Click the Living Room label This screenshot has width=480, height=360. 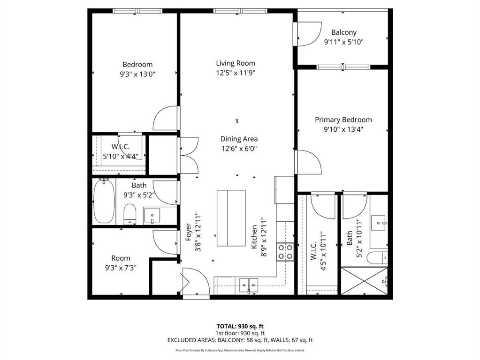coord(236,63)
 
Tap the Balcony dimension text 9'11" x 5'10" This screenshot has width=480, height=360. coord(344,42)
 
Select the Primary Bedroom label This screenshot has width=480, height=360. coord(343,120)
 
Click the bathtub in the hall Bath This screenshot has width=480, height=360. coord(104,201)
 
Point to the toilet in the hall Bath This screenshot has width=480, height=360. coord(130,214)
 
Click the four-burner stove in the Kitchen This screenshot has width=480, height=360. coord(285,252)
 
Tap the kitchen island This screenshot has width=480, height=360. coord(231,218)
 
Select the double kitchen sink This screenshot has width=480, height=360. coord(249,285)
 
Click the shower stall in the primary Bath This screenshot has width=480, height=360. coord(364,281)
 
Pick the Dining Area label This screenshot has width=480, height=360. coord(239,139)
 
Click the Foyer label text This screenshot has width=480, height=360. coord(189,232)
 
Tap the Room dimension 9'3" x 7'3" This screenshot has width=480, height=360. coord(121,268)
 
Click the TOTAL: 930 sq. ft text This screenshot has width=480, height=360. coord(240,326)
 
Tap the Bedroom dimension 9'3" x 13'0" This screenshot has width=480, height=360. coord(138,74)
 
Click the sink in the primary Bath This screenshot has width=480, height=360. coord(378,223)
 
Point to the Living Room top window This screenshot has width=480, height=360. coord(240,11)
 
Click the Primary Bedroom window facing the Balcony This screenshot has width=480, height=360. coord(343,67)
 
